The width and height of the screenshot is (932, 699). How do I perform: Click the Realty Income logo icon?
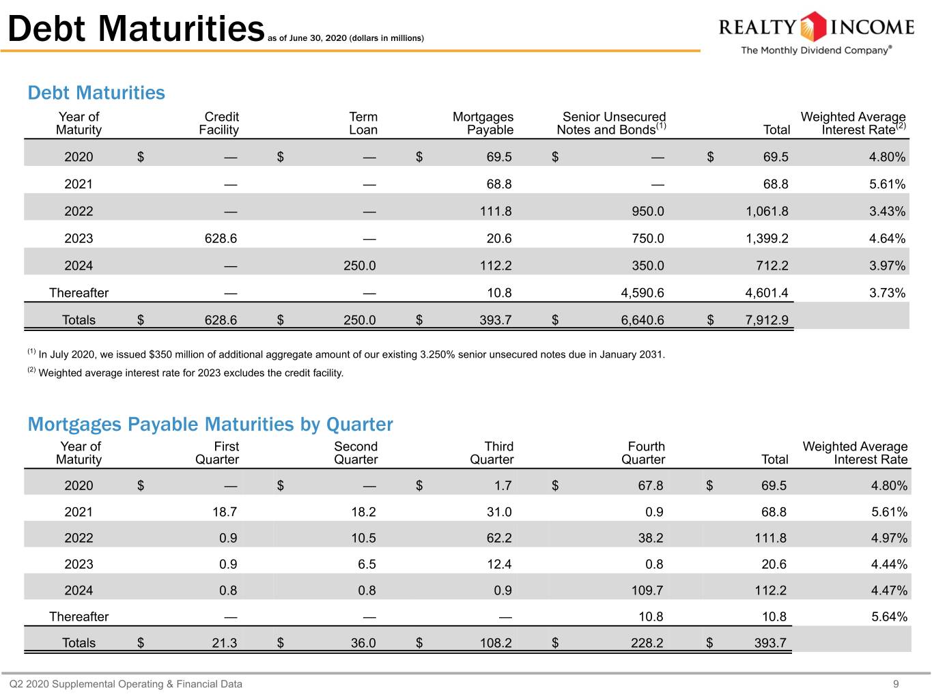coord(813,27)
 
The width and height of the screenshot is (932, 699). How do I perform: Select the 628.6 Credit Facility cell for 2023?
coord(221,238)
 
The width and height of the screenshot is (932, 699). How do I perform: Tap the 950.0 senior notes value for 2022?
coord(647,212)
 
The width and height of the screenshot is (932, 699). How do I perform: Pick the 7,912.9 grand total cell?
coord(766,320)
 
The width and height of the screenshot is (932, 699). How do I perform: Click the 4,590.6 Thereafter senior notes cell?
coord(642,293)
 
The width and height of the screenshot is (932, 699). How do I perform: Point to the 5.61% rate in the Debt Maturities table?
coord(887,184)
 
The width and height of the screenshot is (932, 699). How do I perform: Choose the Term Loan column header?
coord(363,123)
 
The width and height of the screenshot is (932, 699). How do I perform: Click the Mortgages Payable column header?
coord(483,123)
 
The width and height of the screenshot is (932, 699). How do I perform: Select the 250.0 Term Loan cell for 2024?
coord(359,266)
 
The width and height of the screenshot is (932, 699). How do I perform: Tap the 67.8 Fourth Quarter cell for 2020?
coord(650,485)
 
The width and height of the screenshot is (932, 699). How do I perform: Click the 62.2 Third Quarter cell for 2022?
coord(499,538)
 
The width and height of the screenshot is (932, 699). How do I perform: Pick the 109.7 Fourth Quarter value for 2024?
coord(647,590)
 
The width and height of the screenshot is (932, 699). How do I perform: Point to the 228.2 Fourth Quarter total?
coord(647,643)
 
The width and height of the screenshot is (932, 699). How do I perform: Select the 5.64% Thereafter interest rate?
coord(889,616)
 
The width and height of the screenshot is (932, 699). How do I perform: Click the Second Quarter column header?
coord(356,453)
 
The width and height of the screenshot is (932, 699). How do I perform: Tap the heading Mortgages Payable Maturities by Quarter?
coord(210,425)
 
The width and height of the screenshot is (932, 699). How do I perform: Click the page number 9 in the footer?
coord(896,684)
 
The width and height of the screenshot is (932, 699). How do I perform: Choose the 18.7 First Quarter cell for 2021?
coord(224,512)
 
